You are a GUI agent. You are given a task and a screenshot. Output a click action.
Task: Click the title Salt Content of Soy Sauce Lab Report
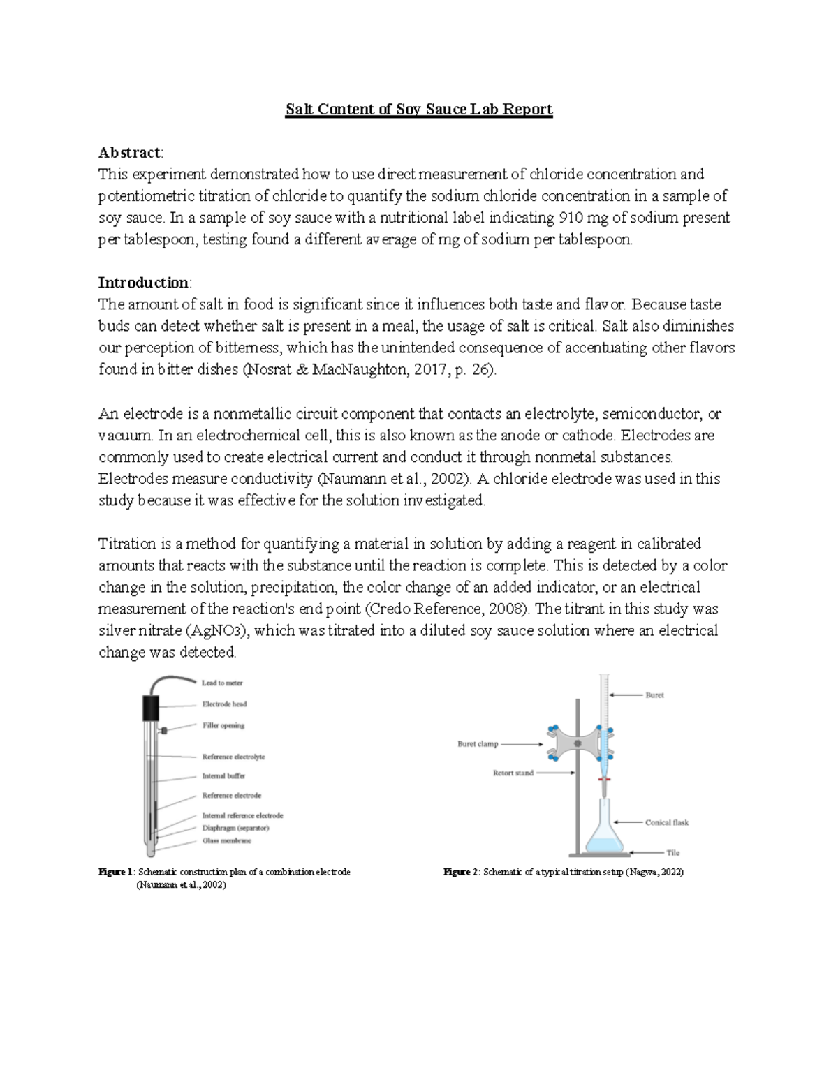[419, 110]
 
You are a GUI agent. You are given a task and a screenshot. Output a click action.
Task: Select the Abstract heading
[130, 153]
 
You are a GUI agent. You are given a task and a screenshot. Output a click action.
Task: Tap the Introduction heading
[144, 283]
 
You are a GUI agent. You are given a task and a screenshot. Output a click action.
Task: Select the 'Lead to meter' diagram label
[222, 683]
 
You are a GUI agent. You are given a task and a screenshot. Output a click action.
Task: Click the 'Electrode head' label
[224, 704]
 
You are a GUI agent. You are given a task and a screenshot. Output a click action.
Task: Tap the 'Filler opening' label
[223, 725]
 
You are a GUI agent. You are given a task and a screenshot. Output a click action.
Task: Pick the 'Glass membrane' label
[226, 841]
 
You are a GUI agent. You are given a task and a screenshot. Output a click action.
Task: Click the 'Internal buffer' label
[223, 775]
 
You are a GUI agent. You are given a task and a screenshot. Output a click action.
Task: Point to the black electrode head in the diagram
[151, 707]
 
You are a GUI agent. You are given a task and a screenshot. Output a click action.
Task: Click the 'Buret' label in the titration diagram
[654, 695]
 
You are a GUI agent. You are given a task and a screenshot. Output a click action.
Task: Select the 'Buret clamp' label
[478, 744]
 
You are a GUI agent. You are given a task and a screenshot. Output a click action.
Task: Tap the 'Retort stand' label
[513, 773]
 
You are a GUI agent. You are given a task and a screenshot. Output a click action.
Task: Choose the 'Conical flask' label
[666, 822]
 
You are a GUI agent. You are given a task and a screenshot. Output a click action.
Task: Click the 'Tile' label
[672, 852]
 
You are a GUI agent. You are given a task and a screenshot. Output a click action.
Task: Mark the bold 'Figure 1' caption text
[115, 872]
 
